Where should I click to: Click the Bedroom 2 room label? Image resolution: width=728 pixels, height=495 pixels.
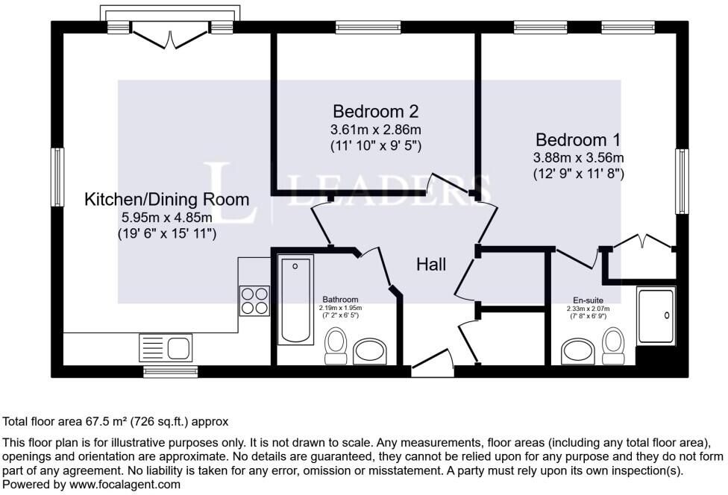376,111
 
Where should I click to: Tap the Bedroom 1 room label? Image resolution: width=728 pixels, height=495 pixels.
577,139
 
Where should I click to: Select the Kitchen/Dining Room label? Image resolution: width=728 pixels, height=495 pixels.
166,200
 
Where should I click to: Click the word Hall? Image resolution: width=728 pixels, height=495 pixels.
431,265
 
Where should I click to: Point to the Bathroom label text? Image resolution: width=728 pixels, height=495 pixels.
340,300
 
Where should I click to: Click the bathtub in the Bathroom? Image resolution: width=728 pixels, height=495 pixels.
295,299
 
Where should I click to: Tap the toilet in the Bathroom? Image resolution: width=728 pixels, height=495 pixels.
336,346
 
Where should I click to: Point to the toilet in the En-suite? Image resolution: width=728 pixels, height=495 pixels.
613,347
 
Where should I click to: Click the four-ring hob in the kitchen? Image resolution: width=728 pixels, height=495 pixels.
254,301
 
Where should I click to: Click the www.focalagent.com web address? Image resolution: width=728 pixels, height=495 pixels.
125,485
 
